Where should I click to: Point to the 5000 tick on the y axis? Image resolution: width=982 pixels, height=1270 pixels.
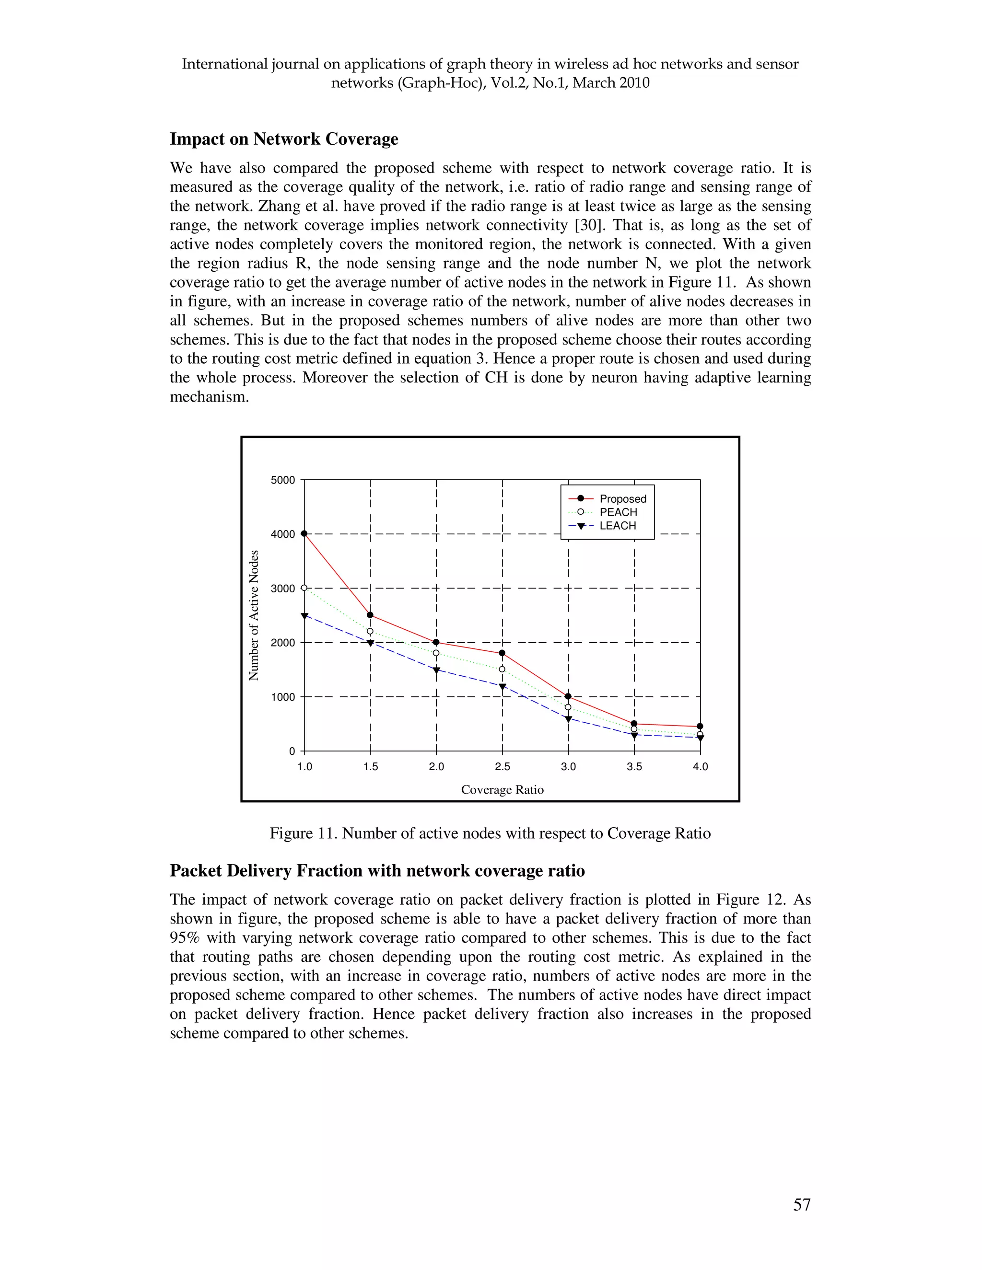pos(283,480)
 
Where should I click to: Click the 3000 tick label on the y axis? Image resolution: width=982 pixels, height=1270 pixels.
pos(283,589)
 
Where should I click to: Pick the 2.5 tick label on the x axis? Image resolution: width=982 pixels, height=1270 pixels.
pos(502,766)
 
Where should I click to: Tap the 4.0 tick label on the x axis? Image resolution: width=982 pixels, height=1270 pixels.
pos(700,766)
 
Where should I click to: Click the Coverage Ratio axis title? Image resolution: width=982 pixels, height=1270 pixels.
pos(502,790)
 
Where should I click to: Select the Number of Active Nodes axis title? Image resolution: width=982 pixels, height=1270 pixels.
pos(254,615)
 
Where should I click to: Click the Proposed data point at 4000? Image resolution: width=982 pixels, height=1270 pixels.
pos(304,533)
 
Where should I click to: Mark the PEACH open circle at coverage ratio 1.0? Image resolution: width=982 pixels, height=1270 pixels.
pos(304,588)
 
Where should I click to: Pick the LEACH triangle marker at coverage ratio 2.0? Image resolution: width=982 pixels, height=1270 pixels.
pos(436,670)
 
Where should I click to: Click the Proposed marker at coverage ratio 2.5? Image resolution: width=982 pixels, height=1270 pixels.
pos(502,653)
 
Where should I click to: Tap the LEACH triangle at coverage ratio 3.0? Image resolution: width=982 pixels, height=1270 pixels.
pos(568,719)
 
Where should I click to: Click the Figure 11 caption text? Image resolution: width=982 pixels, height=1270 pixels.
pos(490,833)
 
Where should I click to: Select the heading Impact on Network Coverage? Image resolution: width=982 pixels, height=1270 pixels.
pos(284,139)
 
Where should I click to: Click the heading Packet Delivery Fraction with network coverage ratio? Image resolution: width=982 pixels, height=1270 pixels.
pos(377,870)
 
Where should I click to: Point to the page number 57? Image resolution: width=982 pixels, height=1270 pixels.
pos(802,1204)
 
